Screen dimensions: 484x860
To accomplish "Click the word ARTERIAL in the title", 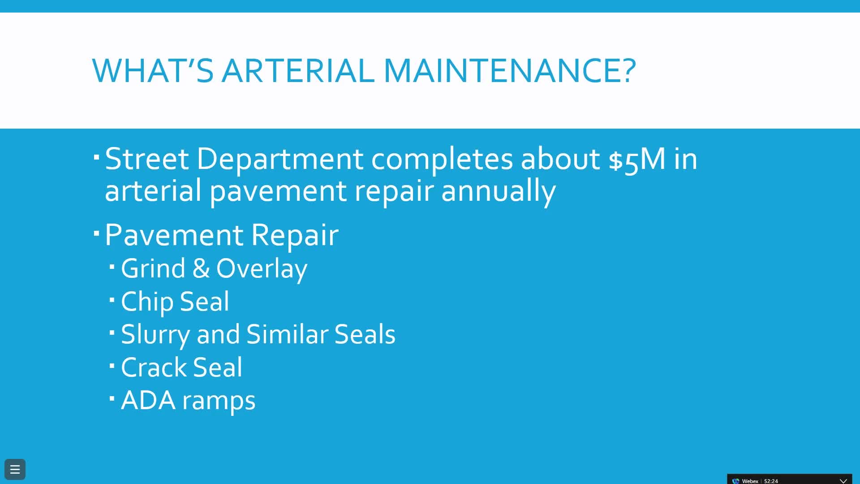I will pos(298,70).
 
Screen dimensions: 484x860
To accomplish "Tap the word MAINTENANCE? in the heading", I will pos(510,70).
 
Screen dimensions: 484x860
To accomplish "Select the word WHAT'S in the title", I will pos(152,70).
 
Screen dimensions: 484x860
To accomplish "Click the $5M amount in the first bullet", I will pos(637,159).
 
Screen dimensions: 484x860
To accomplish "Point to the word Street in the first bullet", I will pos(147,159).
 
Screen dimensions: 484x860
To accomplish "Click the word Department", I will pos(279,159).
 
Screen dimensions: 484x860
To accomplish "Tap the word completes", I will pos(442,159).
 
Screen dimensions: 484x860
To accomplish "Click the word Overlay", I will pos(262,269).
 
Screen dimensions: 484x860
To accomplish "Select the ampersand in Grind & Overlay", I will pos(201,268).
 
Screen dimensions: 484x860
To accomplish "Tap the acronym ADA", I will pos(148,400).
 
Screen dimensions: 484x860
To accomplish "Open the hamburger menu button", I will pos(15,469).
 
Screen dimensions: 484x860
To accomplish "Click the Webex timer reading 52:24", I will pos(771,481).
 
